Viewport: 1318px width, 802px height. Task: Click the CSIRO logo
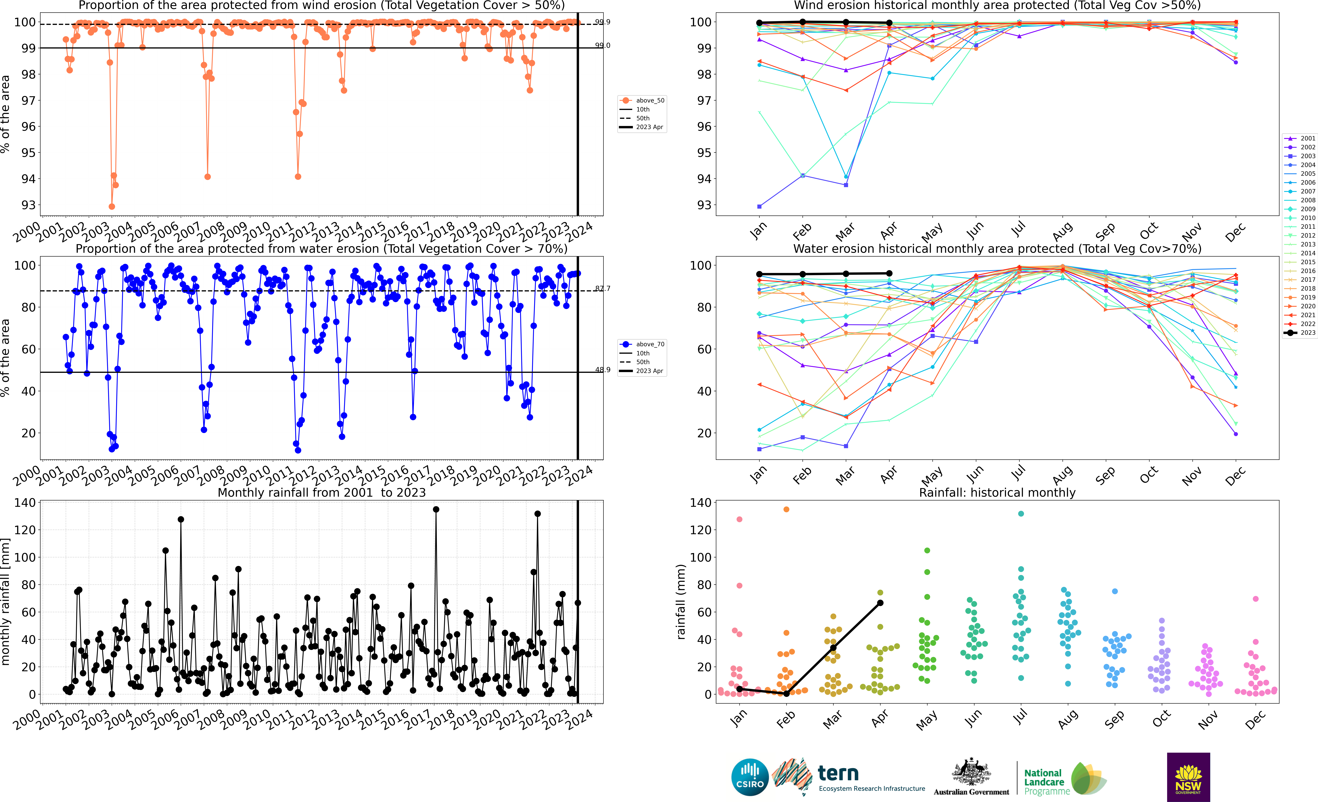click(x=749, y=777)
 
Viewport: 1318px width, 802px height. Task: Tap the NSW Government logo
click(x=1188, y=777)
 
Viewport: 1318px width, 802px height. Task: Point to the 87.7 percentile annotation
click(x=603, y=289)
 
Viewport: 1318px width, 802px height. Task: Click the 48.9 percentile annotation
click(x=603, y=370)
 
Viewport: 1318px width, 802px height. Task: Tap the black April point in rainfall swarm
click(x=880, y=603)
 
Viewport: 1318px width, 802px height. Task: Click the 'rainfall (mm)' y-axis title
click(x=681, y=602)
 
